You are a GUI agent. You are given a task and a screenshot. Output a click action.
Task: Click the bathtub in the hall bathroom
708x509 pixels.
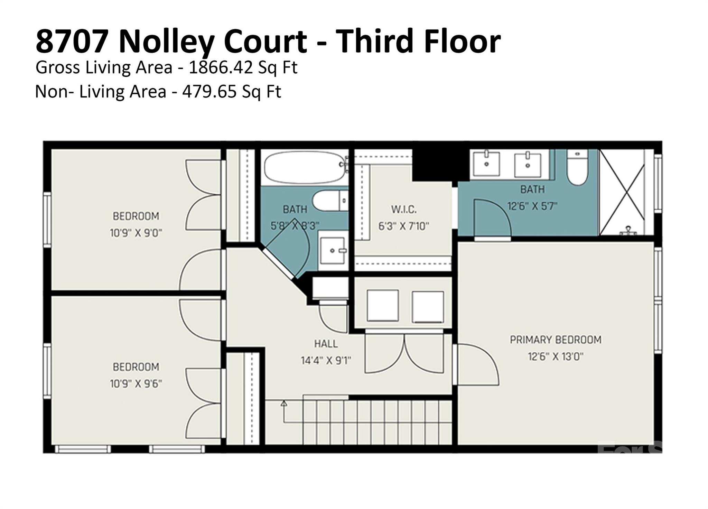click(303, 168)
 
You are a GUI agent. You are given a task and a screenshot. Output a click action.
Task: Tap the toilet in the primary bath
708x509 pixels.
click(577, 168)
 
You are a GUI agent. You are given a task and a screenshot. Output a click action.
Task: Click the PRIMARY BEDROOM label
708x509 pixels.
click(556, 340)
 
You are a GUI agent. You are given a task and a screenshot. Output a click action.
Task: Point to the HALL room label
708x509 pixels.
click(326, 344)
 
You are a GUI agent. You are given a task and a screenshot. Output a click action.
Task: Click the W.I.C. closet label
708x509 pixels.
click(404, 209)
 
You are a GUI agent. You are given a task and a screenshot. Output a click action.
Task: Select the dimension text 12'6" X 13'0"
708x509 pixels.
click(556, 356)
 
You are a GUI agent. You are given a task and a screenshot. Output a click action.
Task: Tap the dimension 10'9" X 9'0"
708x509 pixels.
click(136, 233)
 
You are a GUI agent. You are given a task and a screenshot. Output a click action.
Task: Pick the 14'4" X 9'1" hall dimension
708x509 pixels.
click(326, 360)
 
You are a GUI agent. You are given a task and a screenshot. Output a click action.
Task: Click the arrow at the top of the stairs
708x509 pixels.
click(284, 403)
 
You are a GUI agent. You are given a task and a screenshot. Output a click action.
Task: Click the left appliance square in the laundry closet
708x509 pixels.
click(383, 306)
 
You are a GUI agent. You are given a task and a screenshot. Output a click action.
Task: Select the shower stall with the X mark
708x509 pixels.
click(622, 192)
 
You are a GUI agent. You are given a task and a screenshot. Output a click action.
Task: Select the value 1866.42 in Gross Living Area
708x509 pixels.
click(221, 67)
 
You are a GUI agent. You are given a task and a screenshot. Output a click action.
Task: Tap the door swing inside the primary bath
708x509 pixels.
click(491, 218)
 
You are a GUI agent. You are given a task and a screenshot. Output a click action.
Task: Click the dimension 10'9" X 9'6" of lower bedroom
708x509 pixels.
click(136, 383)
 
